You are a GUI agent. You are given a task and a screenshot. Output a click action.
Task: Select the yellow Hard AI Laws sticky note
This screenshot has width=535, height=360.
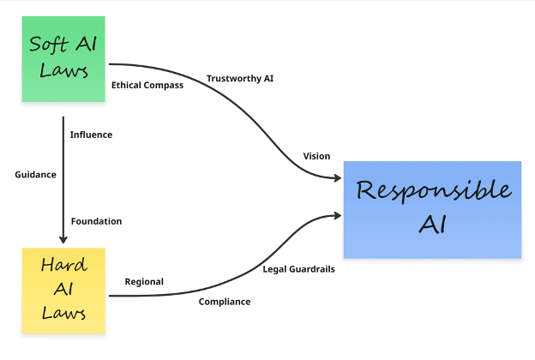[63, 291]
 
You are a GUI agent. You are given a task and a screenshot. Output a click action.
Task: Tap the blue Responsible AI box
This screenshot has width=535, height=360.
[432, 209]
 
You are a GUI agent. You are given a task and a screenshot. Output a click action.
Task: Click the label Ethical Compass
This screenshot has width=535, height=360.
[147, 85]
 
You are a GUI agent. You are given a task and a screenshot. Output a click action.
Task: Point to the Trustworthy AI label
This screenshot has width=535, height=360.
[240, 79]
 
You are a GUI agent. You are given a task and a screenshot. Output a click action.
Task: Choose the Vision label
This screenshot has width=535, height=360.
[316, 155]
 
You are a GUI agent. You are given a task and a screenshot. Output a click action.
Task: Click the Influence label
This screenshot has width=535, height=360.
[91, 135]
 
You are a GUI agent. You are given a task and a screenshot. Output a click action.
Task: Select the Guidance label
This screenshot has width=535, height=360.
[35, 174]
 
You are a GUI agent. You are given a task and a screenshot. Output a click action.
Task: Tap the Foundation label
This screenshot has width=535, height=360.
[96, 221]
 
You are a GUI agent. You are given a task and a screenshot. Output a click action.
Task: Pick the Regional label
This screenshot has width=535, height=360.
[144, 281]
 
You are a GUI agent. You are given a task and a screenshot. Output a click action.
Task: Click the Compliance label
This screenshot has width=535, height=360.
[225, 302]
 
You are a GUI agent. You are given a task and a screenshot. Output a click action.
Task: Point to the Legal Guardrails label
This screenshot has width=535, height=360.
[298, 269]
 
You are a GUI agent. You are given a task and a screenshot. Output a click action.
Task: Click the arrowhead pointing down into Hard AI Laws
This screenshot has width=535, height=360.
[63, 240]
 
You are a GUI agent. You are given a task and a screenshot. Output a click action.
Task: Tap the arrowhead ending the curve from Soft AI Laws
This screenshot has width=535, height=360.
[337, 178]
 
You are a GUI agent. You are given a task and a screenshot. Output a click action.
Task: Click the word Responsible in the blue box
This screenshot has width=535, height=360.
[433, 190]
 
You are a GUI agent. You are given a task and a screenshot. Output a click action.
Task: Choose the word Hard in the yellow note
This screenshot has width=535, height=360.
[63, 266]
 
